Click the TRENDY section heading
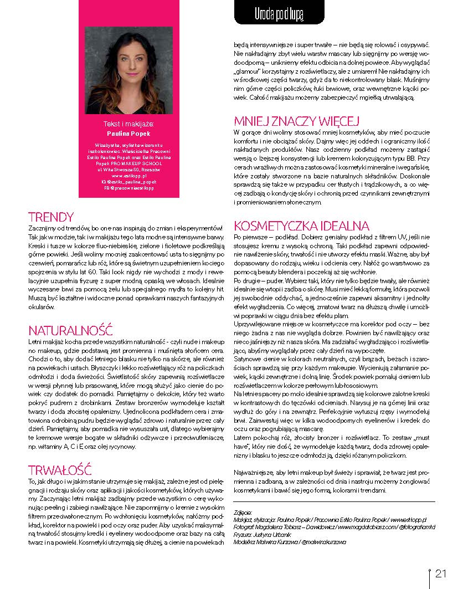coord(50,217)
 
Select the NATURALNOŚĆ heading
coord(70,331)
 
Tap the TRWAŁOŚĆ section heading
coord(59,470)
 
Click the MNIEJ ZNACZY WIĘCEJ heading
coord(297,121)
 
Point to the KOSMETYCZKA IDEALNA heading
coord(301,226)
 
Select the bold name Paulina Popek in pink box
coord(128,134)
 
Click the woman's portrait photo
coord(128,70)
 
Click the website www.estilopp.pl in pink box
coord(128,175)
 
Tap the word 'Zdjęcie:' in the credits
coord(243,513)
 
